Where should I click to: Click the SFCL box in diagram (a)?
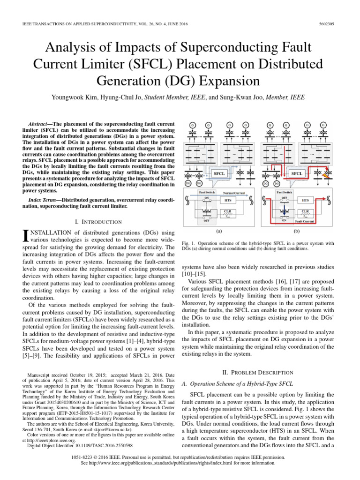(x=219, y=173)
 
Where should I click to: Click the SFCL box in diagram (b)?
(x=296, y=173)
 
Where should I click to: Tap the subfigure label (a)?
(x=219, y=231)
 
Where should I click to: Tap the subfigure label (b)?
(x=296, y=231)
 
